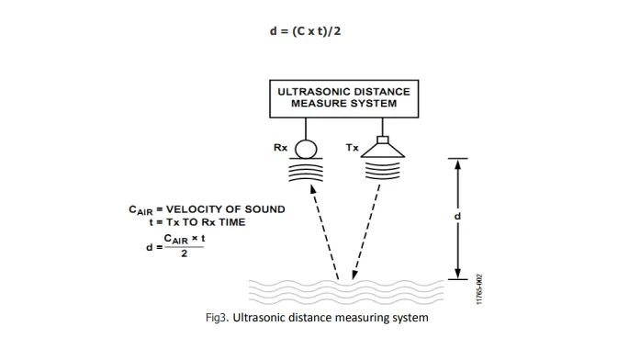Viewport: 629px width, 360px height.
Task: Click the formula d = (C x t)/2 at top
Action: click(x=305, y=31)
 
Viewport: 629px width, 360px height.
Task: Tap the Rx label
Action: click(x=280, y=148)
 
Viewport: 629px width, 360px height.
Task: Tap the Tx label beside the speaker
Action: click(x=353, y=148)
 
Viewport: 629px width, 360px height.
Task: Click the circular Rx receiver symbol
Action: click(x=306, y=149)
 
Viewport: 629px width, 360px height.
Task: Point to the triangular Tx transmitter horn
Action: click(x=383, y=151)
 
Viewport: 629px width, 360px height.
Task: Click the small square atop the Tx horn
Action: click(x=383, y=140)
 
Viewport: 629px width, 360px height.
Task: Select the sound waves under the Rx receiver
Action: click(x=306, y=171)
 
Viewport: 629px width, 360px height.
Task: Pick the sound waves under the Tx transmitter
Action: click(x=383, y=170)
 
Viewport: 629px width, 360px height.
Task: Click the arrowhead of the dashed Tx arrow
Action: click(x=354, y=274)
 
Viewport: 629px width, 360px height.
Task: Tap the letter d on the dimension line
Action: click(x=457, y=217)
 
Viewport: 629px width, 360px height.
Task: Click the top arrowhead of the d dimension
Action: click(x=457, y=163)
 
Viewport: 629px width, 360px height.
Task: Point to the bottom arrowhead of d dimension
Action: click(x=457, y=274)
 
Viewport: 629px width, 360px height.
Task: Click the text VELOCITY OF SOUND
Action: click(x=226, y=209)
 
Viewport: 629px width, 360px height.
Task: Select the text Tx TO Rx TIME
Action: click(x=206, y=222)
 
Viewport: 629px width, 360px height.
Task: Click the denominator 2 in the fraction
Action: click(x=185, y=253)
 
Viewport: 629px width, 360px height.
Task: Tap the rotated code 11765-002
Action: click(x=479, y=289)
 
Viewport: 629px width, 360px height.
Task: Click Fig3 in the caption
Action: click(x=217, y=318)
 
